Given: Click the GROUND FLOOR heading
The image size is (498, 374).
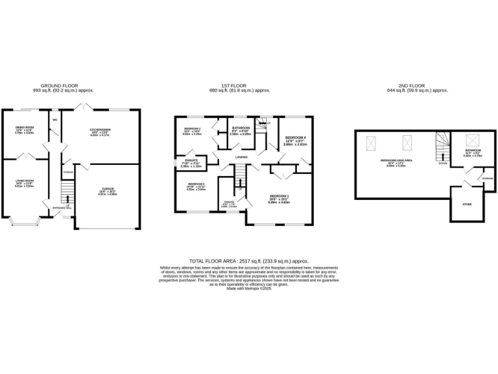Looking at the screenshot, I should tap(61, 86).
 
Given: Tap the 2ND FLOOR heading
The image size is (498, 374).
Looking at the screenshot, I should tap(421, 86).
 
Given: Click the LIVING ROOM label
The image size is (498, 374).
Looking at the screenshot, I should tap(25, 181).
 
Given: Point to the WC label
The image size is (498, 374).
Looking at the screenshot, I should tap(56, 120).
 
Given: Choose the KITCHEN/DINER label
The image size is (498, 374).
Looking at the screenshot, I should tap(100, 131).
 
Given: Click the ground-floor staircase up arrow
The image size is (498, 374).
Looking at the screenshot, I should tap(65, 194).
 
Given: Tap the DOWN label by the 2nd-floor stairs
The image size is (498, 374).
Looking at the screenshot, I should tap(442, 164).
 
